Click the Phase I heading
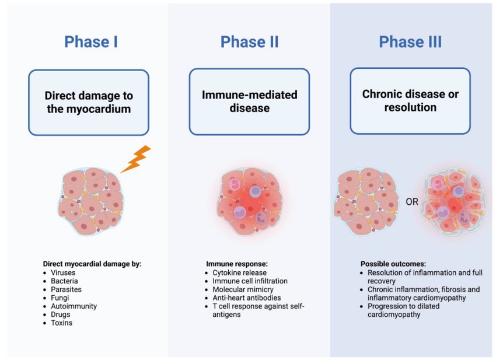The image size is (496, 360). [x=90, y=42]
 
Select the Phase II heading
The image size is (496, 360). [x=249, y=42]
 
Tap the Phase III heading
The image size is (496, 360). [x=410, y=42]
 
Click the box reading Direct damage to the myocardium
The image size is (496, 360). [x=89, y=102]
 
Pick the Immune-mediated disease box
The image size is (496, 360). [x=249, y=102]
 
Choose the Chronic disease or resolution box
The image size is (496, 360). [x=410, y=101]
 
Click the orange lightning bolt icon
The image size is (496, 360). [x=136, y=159]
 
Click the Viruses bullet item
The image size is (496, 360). [x=62, y=272]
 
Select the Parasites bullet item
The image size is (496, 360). [x=66, y=289]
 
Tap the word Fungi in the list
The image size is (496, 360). [x=60, y=298]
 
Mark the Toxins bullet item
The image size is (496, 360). [x=61, y=323]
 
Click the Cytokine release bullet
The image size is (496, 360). [x=239, y=272]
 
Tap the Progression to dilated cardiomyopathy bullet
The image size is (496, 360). [x=408, y=310]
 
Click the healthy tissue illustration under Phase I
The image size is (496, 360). [x=90, y=201]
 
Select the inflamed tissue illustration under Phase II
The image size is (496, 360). [x=250, y=201]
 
